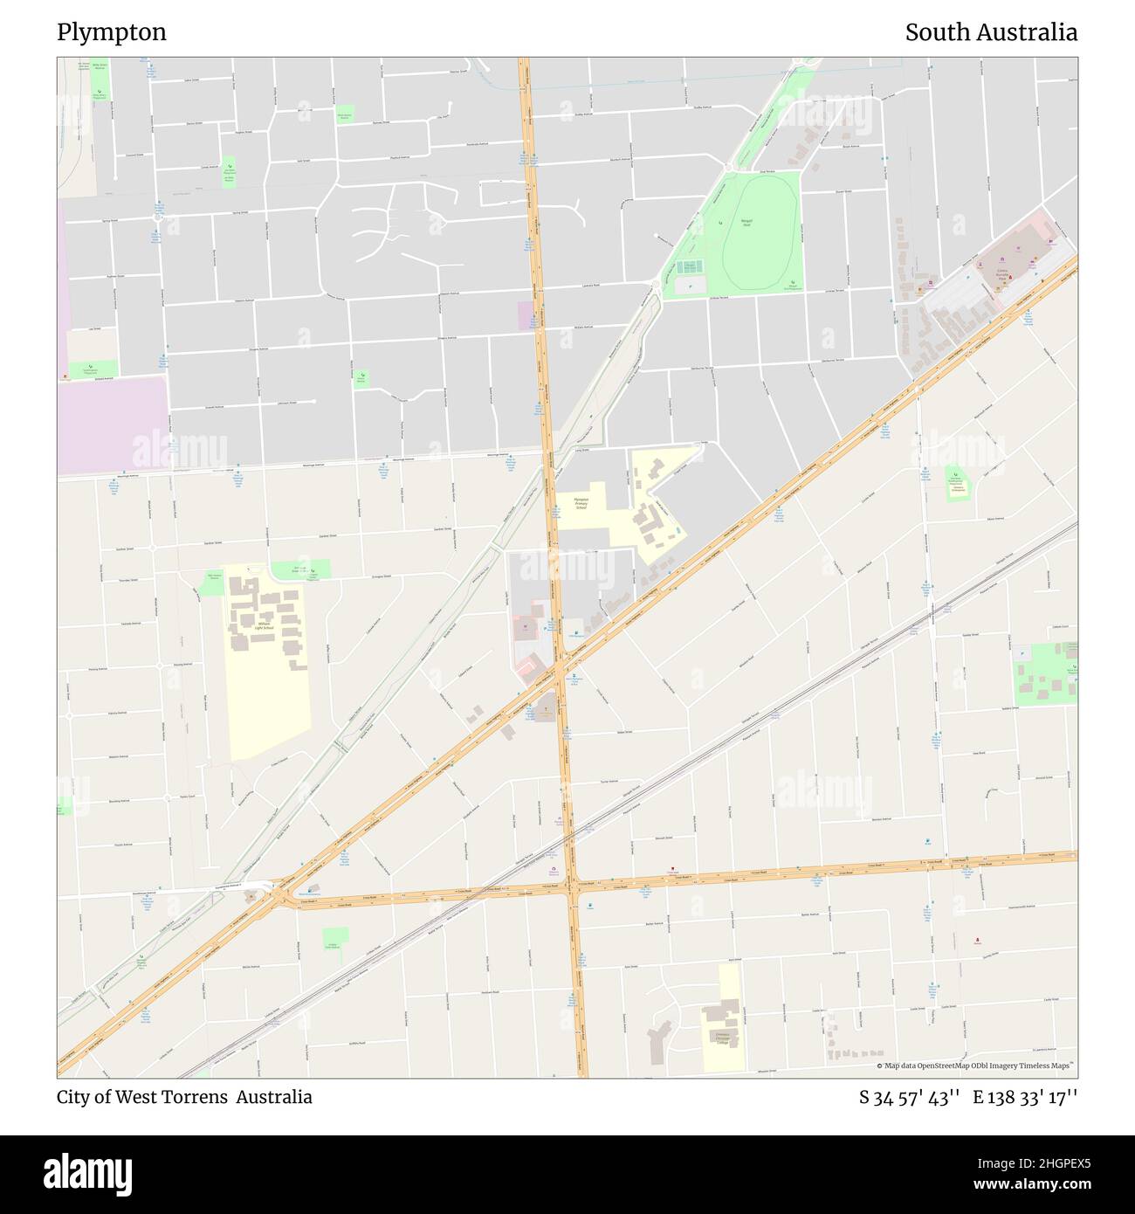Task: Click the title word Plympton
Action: pos(112,32)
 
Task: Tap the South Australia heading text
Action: pos(991,32)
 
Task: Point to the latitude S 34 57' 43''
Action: pos(910,1097)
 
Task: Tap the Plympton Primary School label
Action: pos(581,503)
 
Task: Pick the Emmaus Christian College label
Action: pos(722,1038)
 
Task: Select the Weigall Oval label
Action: pos(746,222)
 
